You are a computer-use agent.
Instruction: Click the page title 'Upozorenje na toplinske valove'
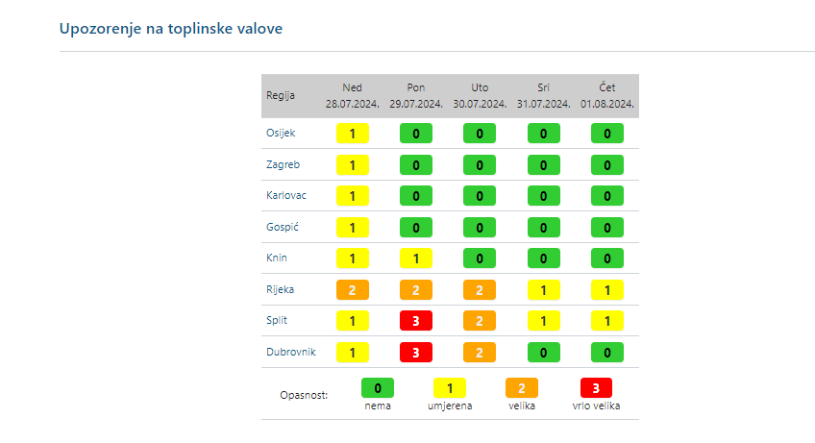(x=171, y=28)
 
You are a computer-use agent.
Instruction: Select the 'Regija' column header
(x=281, y=95)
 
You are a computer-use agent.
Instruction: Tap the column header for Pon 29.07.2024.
(x=416, y=95)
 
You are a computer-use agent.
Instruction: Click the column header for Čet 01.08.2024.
(x=606, y=95)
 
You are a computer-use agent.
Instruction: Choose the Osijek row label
(x=280, y=134)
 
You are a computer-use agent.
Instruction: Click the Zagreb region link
(x=283, y=165)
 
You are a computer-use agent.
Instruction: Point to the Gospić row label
(x=282, y=227)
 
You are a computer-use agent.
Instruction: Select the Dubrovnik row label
(x=289, y=353)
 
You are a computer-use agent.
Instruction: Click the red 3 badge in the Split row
(x=416, y=321)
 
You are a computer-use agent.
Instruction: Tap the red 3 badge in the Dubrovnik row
(x=416, y=353)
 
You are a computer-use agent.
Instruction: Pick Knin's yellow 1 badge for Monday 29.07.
(x=416, y=258)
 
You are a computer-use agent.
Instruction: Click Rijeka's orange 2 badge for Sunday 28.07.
(x=353, y=289)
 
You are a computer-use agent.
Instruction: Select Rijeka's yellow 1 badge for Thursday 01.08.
(x=606, y=289)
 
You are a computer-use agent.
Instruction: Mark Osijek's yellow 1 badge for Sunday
(x=353, y=134)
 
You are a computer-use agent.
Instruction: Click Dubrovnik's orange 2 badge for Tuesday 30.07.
(x=480, y=353)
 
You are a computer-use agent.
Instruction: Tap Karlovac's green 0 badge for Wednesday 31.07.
(x=543, y=196)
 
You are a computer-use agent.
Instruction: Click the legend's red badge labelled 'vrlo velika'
(x=597, y=388)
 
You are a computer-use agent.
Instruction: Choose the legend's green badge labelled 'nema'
(x=378, y=388)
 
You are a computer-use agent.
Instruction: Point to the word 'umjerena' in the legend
(x=450, y=406)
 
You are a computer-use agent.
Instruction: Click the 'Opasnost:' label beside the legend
(x=304, y=395)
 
